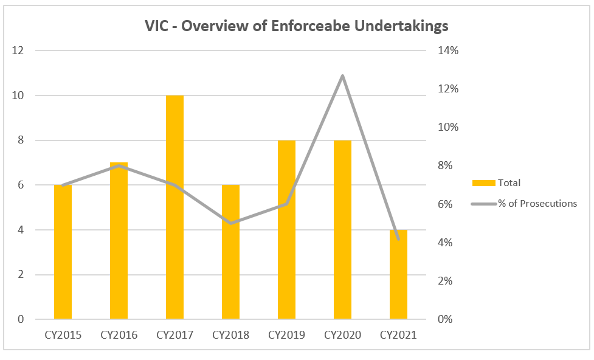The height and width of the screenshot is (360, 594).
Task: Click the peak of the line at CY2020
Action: click(x=342, y=76)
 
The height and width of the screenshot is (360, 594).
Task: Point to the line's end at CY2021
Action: click(x=398, y=239)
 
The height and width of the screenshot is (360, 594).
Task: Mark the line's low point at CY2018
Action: click(x=230, y=223)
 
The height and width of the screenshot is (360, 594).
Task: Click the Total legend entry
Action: click(x=509, y=182)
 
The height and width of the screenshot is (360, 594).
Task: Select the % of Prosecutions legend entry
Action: click(x=537, y=203)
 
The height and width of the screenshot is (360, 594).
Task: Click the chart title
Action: click(x=297, y=26)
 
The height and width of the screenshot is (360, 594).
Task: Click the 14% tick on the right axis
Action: click(x=448, y=50)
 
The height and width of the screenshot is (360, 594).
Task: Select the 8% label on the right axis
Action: click(x=446, y=165)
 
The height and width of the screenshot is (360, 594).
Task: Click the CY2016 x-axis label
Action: click(x=119, y=335)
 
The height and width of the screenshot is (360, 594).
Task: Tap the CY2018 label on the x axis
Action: click(x=230, y=335)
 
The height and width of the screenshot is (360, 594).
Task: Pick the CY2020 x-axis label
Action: click(x=342, y=335)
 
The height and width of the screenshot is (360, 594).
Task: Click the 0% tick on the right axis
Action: click(x=446, y=319)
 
